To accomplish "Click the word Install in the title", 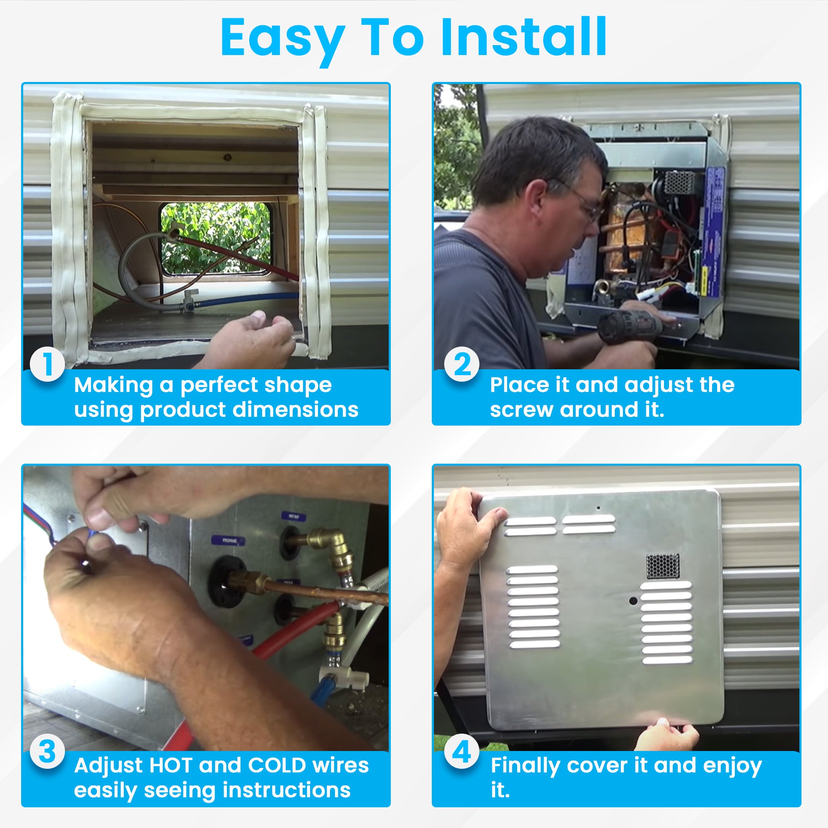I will (x=523, y=37).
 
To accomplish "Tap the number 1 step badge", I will (x=47, y=364).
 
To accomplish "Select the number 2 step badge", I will (x=462, y=364).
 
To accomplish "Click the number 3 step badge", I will (x=47, y=751).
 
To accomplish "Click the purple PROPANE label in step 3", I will (x=229, y=541).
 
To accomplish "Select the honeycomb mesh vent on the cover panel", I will (x=662, y=566).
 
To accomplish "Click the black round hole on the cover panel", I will (x=633, y=601).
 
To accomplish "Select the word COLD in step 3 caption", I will (x=277, y=766).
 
